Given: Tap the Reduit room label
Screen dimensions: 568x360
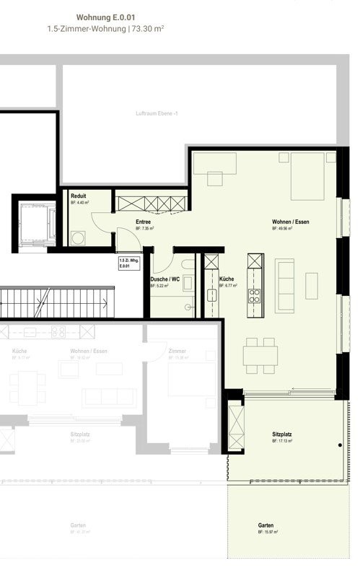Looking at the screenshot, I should click(79, 196).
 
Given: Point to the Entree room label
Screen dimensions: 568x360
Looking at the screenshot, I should click(144, 222).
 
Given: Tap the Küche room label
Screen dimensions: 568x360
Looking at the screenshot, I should click(226, 279).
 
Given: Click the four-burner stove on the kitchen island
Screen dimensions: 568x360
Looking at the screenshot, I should click(254, 294).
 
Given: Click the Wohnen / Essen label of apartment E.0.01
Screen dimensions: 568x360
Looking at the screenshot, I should click(290, 222).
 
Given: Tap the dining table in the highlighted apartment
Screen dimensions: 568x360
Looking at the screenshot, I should click(260, 355).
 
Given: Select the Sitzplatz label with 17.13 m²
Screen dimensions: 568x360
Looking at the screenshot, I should click(282, 434).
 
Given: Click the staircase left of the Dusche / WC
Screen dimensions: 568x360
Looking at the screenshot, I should click(58, 301).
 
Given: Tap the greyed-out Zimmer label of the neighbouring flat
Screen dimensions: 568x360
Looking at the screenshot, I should click(177, 351).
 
